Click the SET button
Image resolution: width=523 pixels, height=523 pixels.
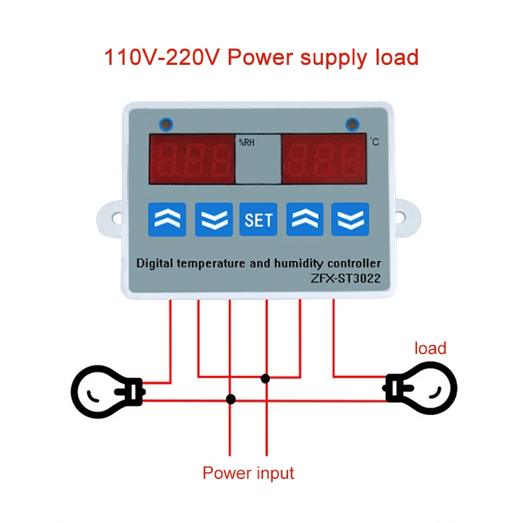258,220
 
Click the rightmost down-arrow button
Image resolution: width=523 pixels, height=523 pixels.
350,220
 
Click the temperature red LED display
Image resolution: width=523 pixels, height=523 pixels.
323,158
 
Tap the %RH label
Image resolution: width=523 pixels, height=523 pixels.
247,142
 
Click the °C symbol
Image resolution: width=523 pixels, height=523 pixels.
374,142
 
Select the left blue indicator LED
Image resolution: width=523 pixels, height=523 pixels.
166,126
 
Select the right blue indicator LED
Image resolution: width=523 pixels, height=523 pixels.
353,126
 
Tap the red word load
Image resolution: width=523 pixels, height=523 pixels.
430,347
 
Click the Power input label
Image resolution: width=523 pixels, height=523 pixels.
248,473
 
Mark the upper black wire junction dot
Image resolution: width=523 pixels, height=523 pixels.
265,378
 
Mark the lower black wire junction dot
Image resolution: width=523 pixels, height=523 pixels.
231,400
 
